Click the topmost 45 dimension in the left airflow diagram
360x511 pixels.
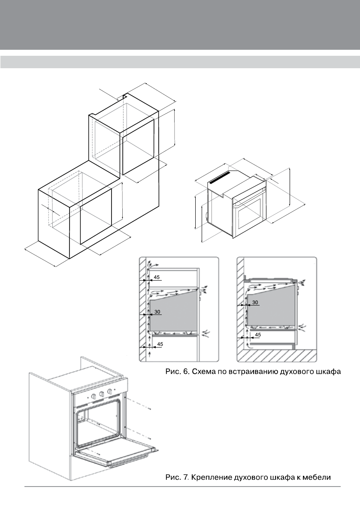coord(157,278)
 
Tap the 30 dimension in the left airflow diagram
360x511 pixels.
coord(157,312)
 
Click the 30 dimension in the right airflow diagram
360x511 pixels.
coord(255,302)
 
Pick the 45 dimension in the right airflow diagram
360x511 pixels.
coord(258,335)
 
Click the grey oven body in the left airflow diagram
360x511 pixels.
coord(172,313)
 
